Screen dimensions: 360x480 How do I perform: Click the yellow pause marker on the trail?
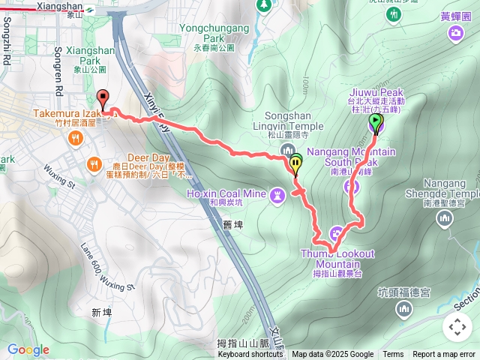[295, 163]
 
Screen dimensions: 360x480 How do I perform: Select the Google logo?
[28, 349]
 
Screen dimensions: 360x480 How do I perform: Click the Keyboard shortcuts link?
[250, 355]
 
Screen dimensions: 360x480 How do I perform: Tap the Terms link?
[393, 355]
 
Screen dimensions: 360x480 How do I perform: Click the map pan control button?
[457, 327]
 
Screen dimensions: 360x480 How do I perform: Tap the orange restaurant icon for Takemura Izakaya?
[75, 138]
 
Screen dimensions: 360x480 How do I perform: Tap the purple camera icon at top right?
[455, 32]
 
